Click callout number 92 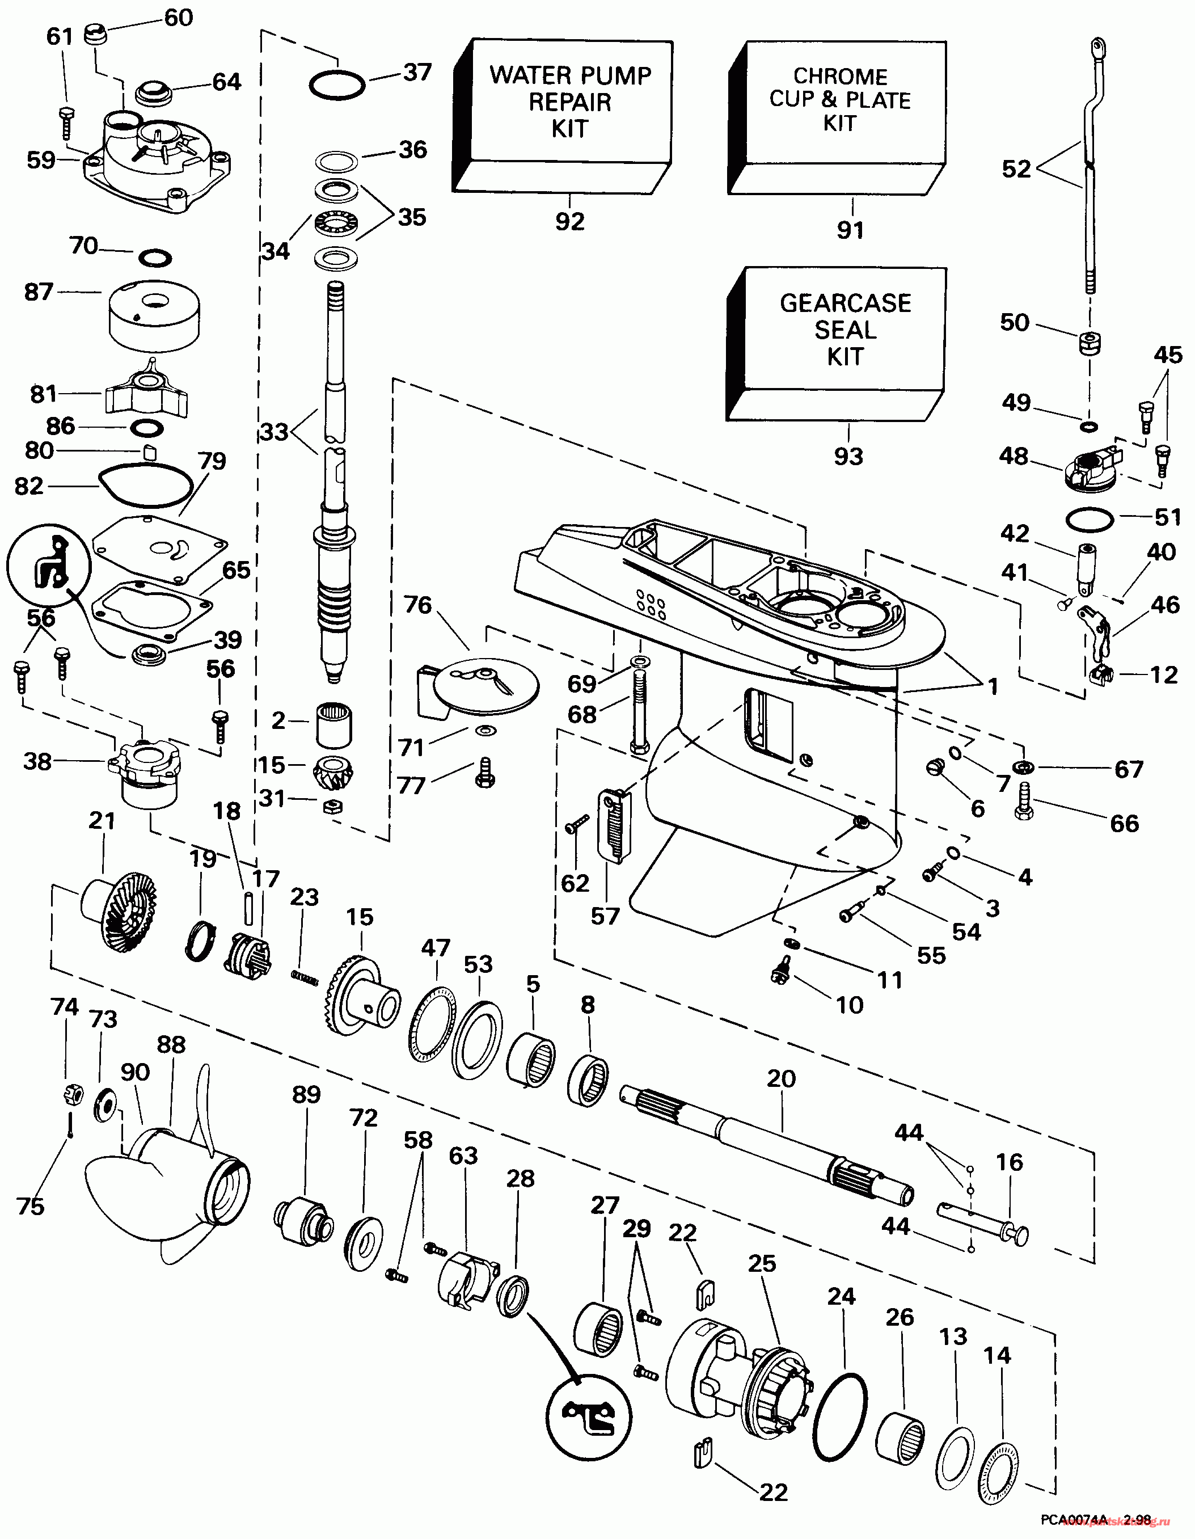tap(569, 221)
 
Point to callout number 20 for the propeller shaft tap(782, 1078)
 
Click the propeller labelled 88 tap(169, 1191)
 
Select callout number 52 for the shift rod tap(1016, 169)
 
